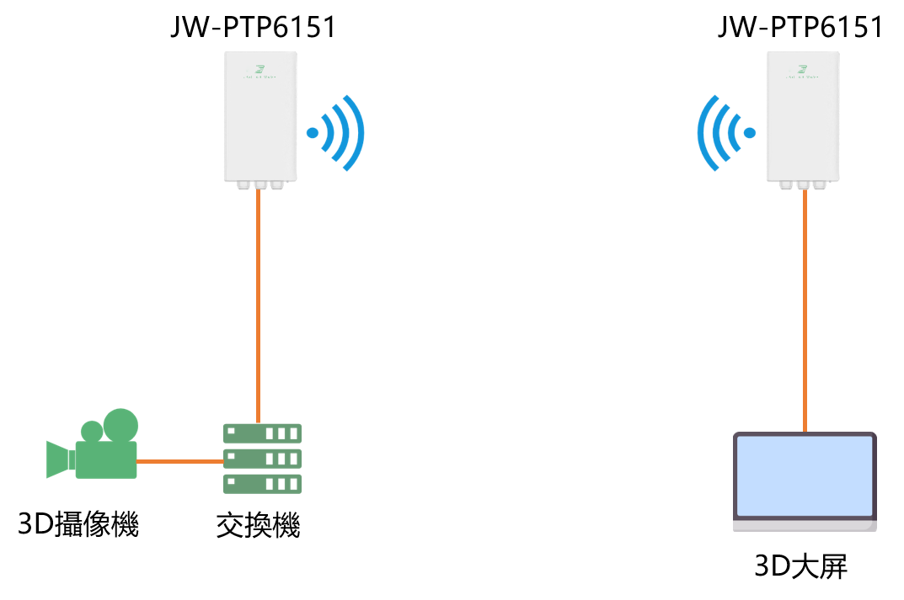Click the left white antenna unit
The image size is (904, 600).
click(x=260, y=118)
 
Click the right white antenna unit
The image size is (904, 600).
click(x=803, y=118)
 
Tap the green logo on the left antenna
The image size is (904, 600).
click(x=260, y=69)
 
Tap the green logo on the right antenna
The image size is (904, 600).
click(x=803, y=69)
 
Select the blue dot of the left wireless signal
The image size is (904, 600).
click(x=313, y=133)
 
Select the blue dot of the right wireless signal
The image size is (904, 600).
click(x=750, y=133)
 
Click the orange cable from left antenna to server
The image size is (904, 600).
click(x=259, y=303)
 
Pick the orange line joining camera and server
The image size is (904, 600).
click(x=179, y=461)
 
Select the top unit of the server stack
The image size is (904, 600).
click(x=262, y=433)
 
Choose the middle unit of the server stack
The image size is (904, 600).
click(x=262, y=459)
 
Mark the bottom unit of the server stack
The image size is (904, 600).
click(x=262, y=484)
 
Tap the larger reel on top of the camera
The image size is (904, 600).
click(x=120, y=426)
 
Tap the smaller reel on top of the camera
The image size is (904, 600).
click(x=92, y=432)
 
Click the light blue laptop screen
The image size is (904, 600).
click(x=805, y=475)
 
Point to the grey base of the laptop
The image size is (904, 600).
click(x=805, y=526)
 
